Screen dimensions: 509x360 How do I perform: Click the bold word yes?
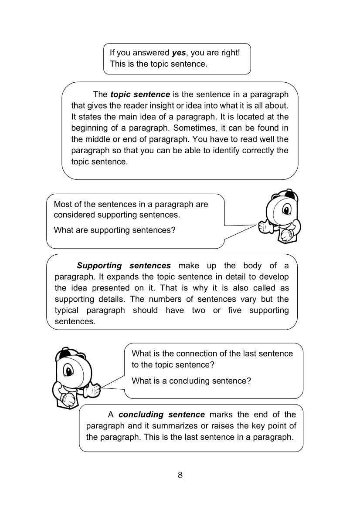coord(179,53)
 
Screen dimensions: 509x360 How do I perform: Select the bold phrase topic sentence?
coord(140,94)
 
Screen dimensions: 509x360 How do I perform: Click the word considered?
coord(75,215)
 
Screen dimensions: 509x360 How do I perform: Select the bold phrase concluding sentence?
coord(161,415)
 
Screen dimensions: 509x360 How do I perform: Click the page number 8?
coord(180,475)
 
